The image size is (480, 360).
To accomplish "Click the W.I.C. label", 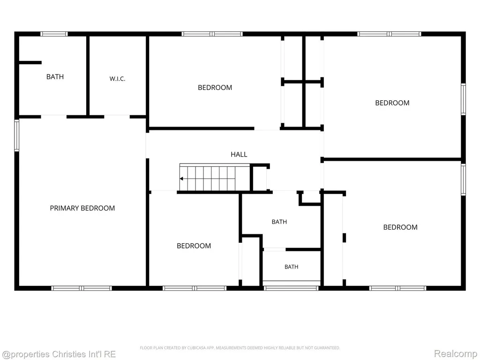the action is click(x=117, y=79).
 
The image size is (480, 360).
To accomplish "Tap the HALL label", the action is click(x=239, y=154).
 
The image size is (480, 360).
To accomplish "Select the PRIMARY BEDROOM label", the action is click(x=82, y=208).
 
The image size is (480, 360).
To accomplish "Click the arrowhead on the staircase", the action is click(x=181, y=179).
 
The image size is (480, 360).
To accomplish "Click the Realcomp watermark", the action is click(x=455, y=353).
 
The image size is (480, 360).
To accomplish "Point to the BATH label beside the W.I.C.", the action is click(x=55, y=76).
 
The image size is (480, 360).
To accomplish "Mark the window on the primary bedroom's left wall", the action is click(x=16, y=135).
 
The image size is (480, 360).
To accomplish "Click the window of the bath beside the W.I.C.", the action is click(x=54, y=34).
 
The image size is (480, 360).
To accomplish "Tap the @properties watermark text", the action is click(x=59, y=354).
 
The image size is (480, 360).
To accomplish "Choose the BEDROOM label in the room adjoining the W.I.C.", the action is click(x=215, y=88).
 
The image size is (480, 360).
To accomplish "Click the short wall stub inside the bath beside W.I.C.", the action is click(x=30, y=62).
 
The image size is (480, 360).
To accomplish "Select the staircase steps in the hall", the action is click(x=215, y=178).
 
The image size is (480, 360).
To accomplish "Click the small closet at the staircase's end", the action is click(x=260, y=179).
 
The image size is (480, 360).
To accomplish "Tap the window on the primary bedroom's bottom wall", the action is click(x=82, y=288).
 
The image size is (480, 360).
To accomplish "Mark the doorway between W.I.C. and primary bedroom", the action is click(x=117, y=117).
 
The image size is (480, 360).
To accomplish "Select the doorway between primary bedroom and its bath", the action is click(x=53, y=117).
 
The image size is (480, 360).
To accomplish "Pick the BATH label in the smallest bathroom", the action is click(x=292, y=267).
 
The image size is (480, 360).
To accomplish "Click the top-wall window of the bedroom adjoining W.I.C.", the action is click(x=212, y=34).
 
